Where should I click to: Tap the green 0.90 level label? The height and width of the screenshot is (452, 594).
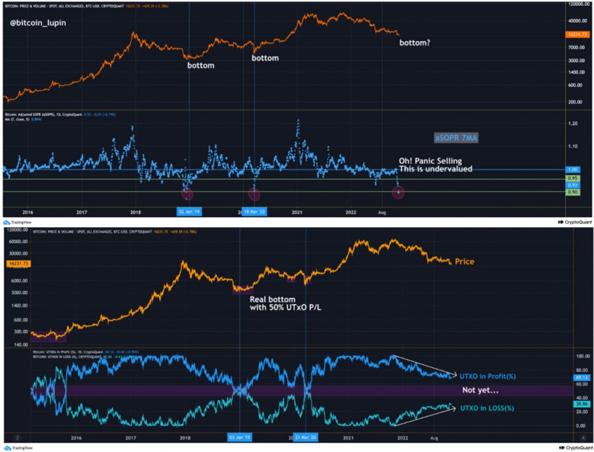[573, 192]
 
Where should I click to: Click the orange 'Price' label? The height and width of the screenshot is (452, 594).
[464, 261]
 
